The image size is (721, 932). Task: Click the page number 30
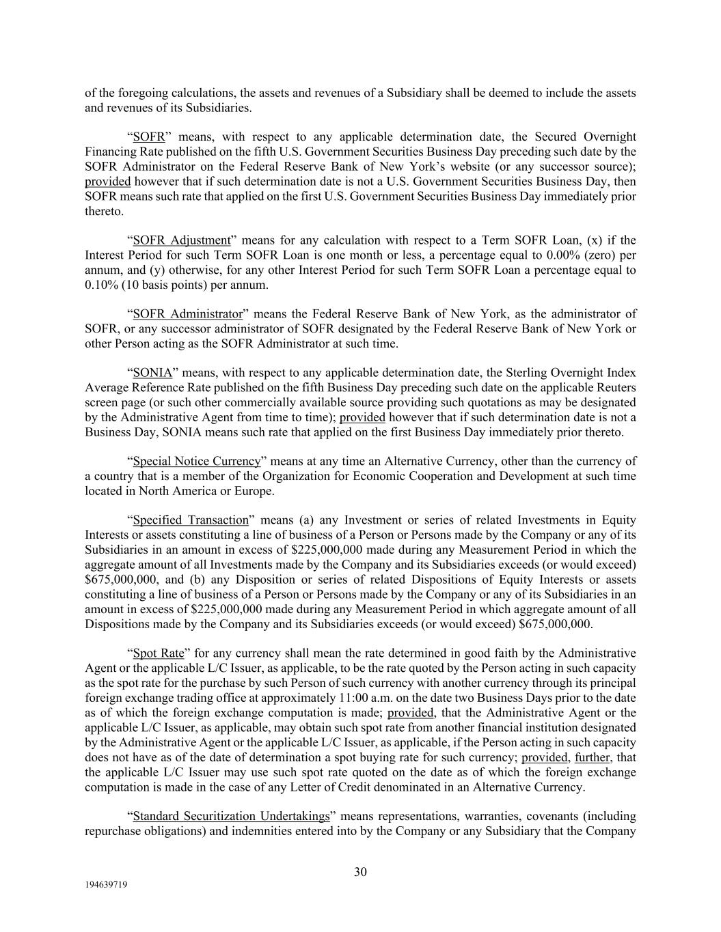(360, 871)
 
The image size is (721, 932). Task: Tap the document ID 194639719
(106, 884)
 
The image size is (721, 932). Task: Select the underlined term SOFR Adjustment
(181, 240)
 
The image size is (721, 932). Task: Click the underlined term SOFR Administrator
(187, 313)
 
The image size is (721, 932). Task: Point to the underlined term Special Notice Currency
(197, 461)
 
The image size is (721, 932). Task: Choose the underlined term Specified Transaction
(191, 520)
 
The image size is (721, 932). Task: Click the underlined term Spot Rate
(159, 653)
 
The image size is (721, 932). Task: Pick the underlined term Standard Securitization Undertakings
(231, 816)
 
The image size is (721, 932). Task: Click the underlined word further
(592, 757)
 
